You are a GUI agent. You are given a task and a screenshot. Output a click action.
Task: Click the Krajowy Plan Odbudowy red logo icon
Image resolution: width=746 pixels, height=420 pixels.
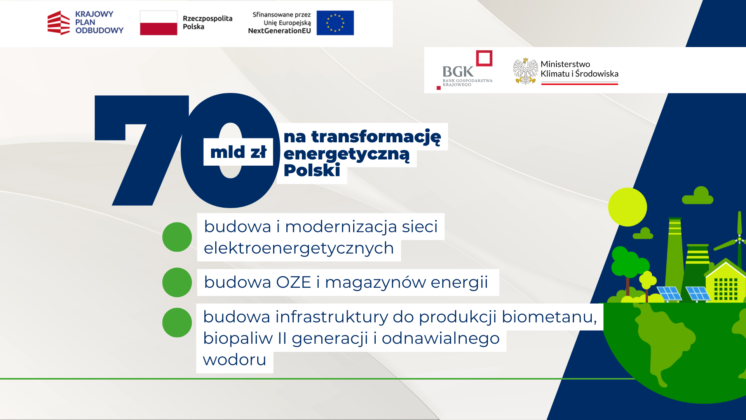pos(59,23)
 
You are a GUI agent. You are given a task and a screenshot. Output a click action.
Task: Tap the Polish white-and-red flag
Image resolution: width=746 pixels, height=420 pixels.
pos(159,23)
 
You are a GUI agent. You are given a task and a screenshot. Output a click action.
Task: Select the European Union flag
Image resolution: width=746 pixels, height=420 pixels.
pos(335,23)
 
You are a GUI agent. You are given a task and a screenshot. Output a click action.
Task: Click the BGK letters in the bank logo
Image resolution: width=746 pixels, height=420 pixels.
pos(458,72)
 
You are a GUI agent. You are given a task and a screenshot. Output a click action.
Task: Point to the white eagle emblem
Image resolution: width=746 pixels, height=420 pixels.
pos(525,71)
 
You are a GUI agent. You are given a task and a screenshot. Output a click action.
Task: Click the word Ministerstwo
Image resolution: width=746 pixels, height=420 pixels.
pos(565,64)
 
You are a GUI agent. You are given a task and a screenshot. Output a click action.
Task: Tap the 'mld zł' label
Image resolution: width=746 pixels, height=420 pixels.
pos(238,152)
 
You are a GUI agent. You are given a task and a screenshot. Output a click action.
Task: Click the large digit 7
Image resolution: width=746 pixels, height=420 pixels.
pos(142,150)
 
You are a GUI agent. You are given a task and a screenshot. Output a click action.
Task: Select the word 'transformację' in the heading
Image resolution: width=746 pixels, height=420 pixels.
pos(376,137)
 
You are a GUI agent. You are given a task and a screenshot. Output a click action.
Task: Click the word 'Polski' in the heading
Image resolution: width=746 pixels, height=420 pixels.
pos(312,170)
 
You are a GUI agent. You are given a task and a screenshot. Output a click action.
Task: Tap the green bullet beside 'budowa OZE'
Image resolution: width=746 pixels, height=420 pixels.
pos(177,282)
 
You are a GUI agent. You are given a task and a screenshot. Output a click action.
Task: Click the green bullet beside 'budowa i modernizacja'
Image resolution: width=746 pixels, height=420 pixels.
pos(177,237)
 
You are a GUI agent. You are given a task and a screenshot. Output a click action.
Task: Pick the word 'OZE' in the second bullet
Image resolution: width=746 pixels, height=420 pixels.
pos(294,282)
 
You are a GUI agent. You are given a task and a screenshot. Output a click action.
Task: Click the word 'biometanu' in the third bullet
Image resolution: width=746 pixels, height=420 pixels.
pos(549,317)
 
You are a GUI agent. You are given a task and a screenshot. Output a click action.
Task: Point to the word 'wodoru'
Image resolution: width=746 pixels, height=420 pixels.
pos(234,360)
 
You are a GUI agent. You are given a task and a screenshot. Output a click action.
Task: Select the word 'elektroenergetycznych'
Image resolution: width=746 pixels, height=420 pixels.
pos(299,248)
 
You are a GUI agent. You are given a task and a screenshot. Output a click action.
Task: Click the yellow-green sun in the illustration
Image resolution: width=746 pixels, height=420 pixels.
pos(627,207)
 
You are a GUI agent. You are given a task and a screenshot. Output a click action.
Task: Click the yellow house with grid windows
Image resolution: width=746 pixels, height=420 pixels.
pos(725,282)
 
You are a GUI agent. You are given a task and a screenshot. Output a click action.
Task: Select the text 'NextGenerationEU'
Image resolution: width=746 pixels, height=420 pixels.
pos(279,31)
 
